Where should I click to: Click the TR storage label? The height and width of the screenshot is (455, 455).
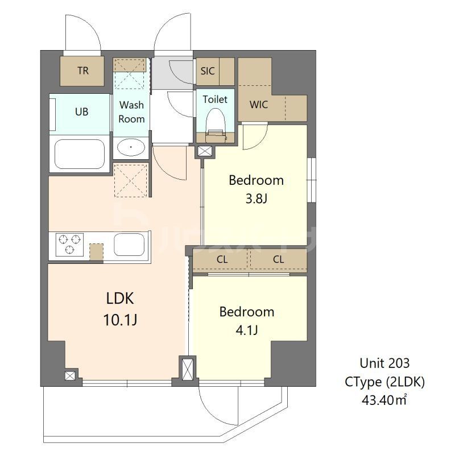click(83, 71)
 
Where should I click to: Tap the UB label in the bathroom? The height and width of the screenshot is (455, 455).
click(81, 111)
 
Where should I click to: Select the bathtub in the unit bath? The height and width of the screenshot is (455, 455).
click(80, 154)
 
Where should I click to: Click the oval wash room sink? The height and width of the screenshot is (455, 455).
click(131, 147)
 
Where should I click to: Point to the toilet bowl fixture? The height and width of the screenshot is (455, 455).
click(216, 125)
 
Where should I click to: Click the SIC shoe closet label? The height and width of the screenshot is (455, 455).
click(208, 71)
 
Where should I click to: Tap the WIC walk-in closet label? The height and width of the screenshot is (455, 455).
click(259, 105)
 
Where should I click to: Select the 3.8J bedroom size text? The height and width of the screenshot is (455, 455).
click(257, 199)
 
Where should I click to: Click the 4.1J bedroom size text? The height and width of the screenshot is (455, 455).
click(247, 330)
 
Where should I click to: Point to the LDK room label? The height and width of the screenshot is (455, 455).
click(120, 298)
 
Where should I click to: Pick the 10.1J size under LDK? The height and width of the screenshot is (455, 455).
click(120, 320)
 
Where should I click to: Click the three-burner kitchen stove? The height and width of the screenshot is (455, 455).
click(69, 245)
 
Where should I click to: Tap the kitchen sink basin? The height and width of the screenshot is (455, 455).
click(129, 245)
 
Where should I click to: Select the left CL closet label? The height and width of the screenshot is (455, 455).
click(222, 259)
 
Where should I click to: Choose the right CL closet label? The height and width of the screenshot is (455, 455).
click(278, 259)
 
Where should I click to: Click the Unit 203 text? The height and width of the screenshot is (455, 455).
click(384, 363)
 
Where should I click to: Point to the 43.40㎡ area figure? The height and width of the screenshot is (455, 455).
click(384, 400)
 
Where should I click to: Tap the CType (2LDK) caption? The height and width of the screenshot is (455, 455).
click(384, 382)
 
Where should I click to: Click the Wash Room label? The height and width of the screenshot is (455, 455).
click(131, 111)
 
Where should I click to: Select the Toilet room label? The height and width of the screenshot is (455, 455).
click(215, 99)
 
